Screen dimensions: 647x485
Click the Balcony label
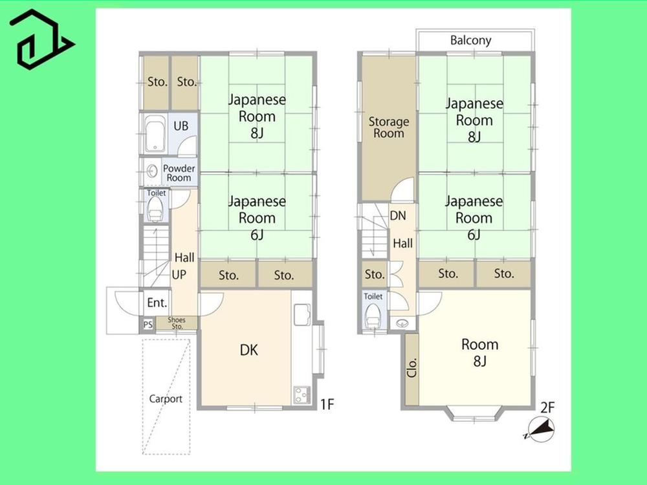coord(470,40)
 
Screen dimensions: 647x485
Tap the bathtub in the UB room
coord(155,134)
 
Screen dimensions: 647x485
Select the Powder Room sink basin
coord(152,170)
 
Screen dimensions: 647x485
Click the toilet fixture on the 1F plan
coord(155,210)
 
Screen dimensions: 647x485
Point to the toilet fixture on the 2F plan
coord(373,316)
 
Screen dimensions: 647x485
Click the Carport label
coord(166,399)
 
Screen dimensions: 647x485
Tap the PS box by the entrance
coord(148,325)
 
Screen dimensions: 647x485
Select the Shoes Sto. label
coord(177,323)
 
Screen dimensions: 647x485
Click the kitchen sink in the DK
coord(302,315)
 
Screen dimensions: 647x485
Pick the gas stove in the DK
coord(302,394)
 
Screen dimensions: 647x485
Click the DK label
coord(249,350)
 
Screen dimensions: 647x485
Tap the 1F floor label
coord(327,405)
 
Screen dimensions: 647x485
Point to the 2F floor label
coord(547,408)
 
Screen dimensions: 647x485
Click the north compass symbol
coord(540,429)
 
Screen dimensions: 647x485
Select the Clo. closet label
coord(411,368)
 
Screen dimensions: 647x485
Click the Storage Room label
coord(389,127)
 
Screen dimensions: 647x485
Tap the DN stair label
coord(398,216)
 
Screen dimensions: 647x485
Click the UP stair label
coord(179,275)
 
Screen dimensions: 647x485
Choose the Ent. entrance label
coord(157,303)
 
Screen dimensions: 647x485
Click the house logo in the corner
coord(41,39)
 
